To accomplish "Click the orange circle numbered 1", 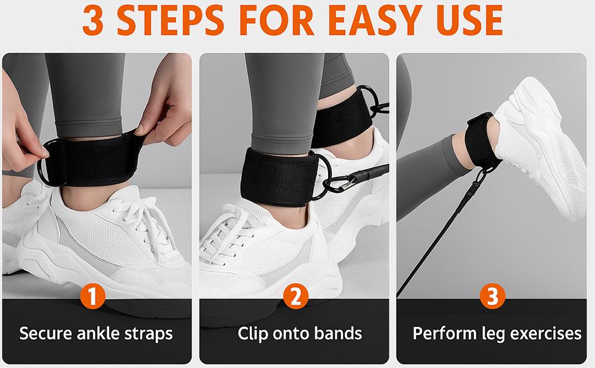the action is (93, 296).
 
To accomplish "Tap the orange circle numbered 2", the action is (296, 296).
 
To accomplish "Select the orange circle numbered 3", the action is (493, 296).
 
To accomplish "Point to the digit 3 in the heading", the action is (93, 20).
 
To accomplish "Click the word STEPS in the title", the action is (171, 20).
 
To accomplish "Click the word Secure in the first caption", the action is (45, 334).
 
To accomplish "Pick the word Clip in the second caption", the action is (252, 334).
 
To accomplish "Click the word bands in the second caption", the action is (338, 334).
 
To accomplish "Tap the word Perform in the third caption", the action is (445, 334).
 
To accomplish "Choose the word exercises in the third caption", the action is (546, 334).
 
